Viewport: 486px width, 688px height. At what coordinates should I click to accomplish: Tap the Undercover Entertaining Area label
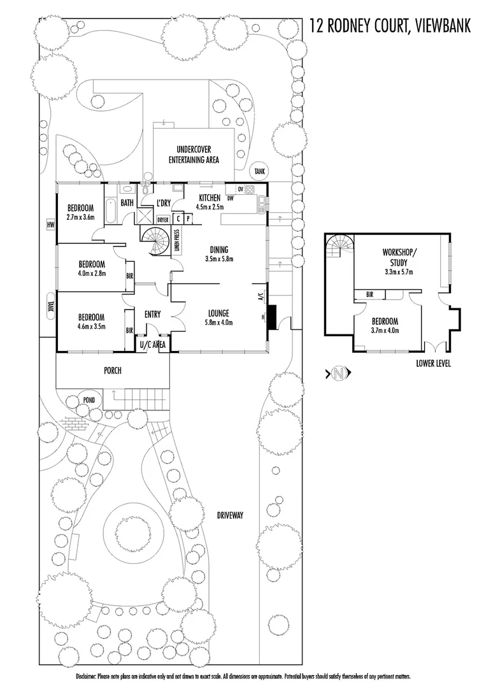tap(194, 155)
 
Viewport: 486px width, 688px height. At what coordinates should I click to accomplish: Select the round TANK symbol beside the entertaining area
tap(259, 171)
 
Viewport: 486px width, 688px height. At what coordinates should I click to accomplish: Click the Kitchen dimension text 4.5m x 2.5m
tap(210, 206)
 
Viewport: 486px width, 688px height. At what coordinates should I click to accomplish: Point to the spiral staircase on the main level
tap(155, 241)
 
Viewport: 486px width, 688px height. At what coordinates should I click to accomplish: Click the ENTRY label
tap(153, 313)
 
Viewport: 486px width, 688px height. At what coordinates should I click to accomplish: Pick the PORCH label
tap(113, 370)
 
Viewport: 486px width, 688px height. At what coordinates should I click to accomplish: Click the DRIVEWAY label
tap(230, 515)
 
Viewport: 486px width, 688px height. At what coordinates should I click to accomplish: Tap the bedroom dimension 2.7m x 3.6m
tap(80, 217)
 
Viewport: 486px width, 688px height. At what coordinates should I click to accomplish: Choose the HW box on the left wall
tap(48, 224)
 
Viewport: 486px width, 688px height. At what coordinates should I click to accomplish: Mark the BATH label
tap(127, 203)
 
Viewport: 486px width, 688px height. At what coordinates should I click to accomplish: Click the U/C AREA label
tap(153, 345)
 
